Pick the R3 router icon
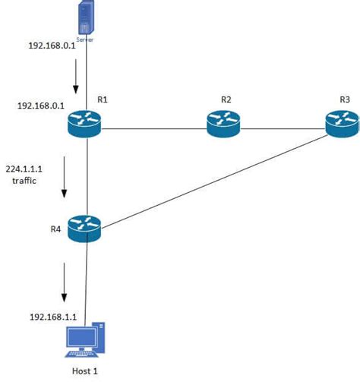343,123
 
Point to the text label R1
102,99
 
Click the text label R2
226,99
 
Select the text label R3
345,99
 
